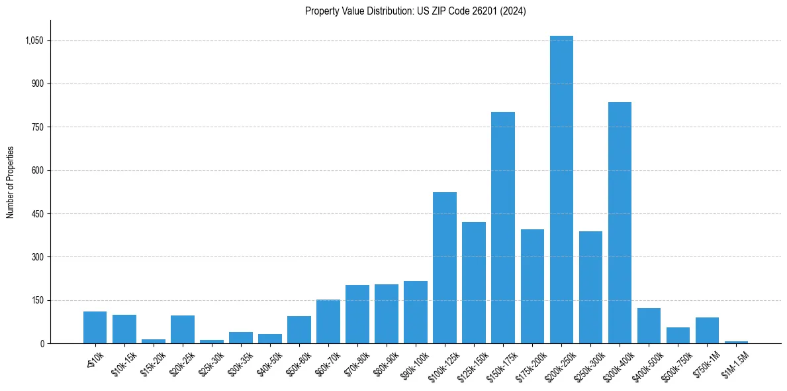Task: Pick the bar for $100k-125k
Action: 445,268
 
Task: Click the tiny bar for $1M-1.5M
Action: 736,342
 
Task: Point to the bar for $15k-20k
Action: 154,341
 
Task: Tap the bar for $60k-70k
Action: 328,321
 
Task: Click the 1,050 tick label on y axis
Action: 34,40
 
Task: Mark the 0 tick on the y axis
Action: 42,343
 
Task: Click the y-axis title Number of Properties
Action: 11,182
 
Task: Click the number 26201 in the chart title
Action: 485,11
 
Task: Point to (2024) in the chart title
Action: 514,11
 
